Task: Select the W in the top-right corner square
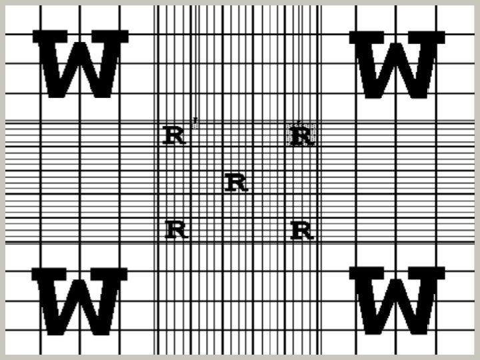(x=397, y=64)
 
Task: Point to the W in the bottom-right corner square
(x=397, y=301)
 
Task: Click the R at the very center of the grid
(x=237, y=183)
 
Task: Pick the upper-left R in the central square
(x=173, y=135)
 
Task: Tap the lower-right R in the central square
(x=302, y=231)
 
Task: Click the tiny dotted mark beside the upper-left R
(x=195, y=121)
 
